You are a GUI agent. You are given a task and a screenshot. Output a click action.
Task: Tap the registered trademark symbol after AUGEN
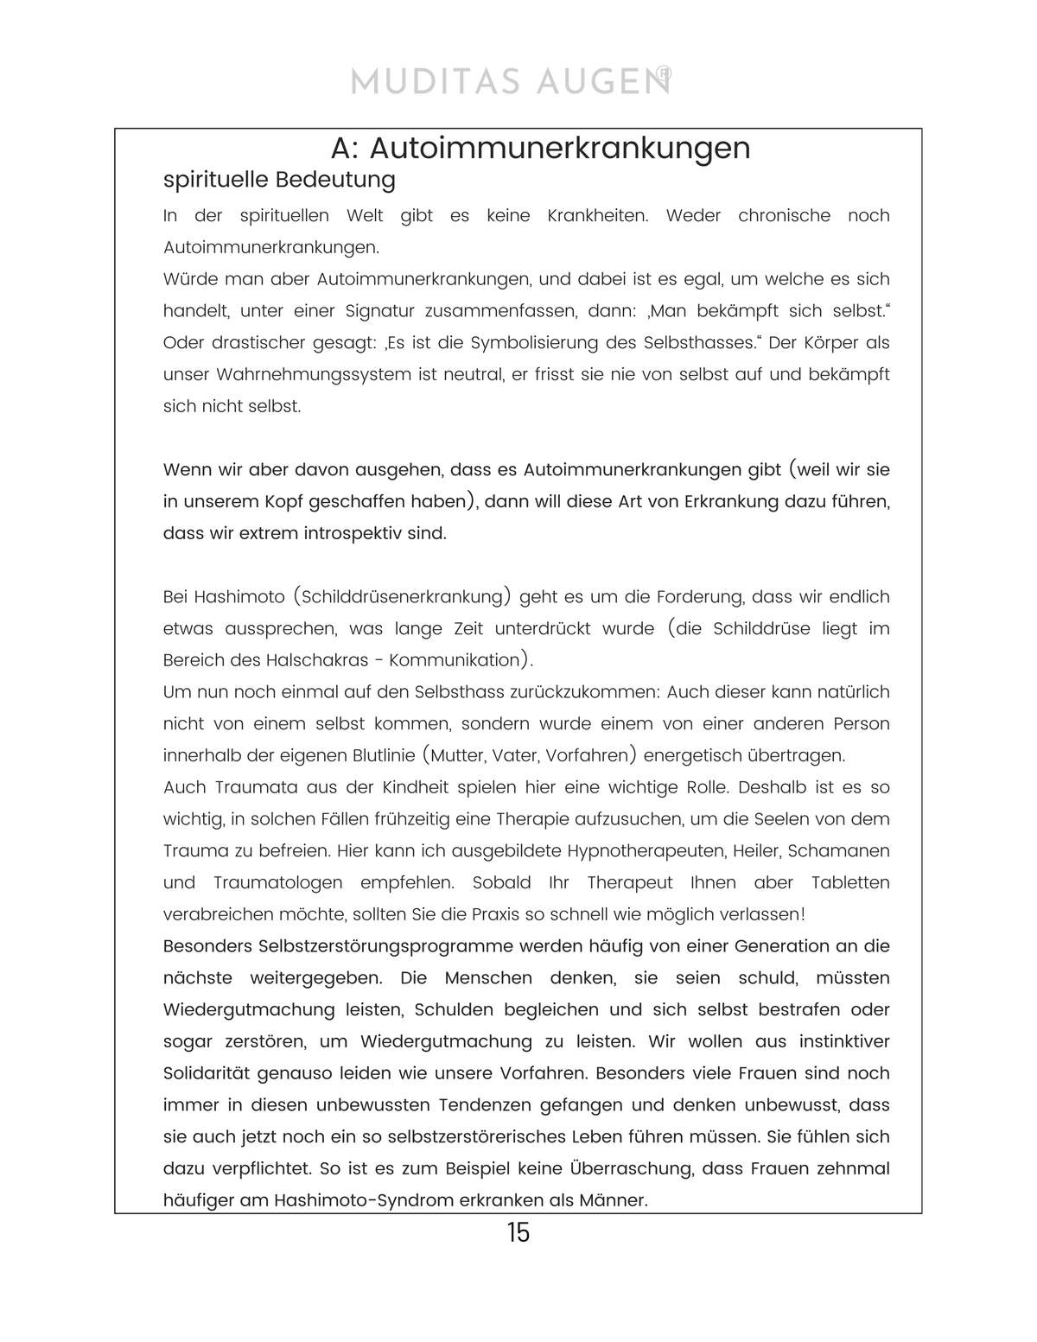(664, 74)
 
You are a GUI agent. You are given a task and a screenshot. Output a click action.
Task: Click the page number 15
(518, 1232)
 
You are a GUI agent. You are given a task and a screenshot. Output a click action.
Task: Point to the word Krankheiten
(597, 216)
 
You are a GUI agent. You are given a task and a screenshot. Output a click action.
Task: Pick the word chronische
(784, 216)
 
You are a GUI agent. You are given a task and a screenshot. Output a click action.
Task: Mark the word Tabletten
(850, 883)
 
